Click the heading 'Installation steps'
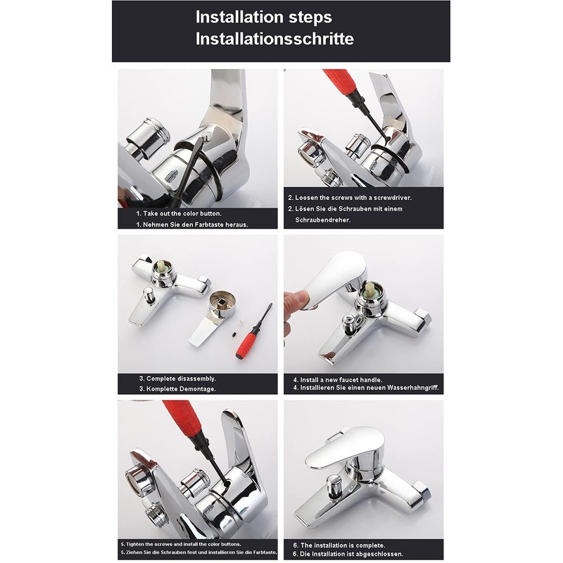pos(263,17)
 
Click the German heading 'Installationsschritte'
pos(274,39)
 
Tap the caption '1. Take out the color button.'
pos(179,213)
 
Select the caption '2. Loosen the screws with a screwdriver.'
pos(350,198)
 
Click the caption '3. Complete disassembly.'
pos(177,379)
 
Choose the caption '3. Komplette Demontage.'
pos(177,389)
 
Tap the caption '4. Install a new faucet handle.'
pos(338,379)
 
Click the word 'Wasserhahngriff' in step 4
pos(412,388)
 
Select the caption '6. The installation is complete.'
pos(339,545)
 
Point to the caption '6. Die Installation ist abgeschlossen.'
pos(348,554)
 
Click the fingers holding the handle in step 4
pos(296,305)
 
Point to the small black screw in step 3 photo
pos(234,334)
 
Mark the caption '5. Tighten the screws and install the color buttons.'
pos(181,544)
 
